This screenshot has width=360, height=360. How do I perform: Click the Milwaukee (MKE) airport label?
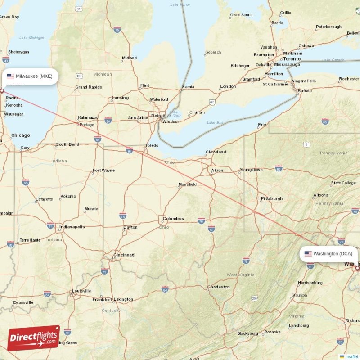(30, 76)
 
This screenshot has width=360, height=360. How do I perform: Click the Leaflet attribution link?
(351, 356)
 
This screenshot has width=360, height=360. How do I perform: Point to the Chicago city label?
(21, 135)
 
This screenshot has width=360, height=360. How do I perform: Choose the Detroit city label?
(158, 116)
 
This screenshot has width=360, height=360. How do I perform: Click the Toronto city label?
(292, 59)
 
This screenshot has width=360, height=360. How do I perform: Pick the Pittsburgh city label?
(272, 198)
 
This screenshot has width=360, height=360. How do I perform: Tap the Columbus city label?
(173, 219)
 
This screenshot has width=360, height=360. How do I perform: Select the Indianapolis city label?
(72, 227)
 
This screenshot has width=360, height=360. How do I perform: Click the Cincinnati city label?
(124, 255)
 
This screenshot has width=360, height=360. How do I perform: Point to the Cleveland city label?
(216, 152)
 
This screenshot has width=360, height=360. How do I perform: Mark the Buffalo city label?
(305, 90)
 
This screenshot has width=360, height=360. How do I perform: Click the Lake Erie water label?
(215, 122)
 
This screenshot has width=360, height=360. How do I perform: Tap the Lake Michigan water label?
(32, 37)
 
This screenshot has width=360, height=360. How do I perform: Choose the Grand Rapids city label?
(89, 87)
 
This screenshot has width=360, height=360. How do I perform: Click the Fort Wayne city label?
(103, 171)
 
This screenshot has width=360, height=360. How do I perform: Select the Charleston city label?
(219, 287)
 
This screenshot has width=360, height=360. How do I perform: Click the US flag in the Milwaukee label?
(10, 76)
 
